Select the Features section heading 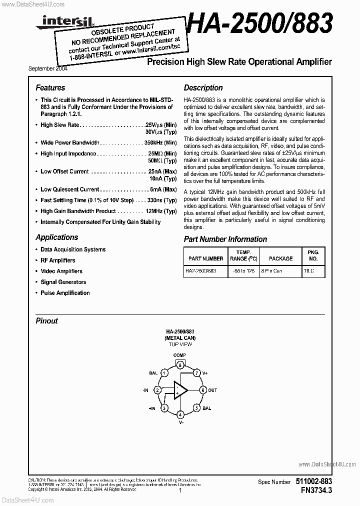[x=50, y=87]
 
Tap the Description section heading [x=203, y=87]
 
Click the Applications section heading [x=56, y=237]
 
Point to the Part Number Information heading [x=225, y=239]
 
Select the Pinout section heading [x=46, y=321]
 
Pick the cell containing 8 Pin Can [x=280, y=271]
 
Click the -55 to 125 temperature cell [x=243, y=271]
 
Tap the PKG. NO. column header [x=313, y=255]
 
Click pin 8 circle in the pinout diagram [x=179, y=365]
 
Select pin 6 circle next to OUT [x=203, y=390]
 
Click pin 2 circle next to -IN [x=157, y=390]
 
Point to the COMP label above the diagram [x=179, y=355]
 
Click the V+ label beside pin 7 [x=204, y=373]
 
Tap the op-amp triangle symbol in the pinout [x=179, y=390]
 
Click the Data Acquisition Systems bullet [x=73, y=249]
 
